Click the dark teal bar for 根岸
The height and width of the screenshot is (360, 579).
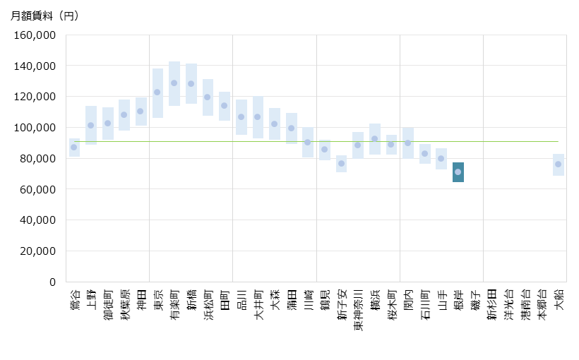458,172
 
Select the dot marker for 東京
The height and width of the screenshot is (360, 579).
157,92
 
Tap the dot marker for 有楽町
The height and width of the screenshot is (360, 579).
174,83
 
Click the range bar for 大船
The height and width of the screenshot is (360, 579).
559,164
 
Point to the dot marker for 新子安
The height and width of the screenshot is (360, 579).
341,164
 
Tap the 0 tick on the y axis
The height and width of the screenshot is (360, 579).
52,282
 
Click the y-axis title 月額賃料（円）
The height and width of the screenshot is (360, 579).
44,16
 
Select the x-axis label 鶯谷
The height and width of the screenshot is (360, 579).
74,300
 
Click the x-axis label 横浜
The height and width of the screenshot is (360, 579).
375,300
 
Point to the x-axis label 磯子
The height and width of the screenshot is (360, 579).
475,300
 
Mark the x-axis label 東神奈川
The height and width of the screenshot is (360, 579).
358,310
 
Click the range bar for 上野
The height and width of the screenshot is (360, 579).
91,125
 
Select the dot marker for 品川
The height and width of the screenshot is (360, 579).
241,117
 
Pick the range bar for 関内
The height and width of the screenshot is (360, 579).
408,143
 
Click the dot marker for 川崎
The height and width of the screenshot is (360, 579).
307,143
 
